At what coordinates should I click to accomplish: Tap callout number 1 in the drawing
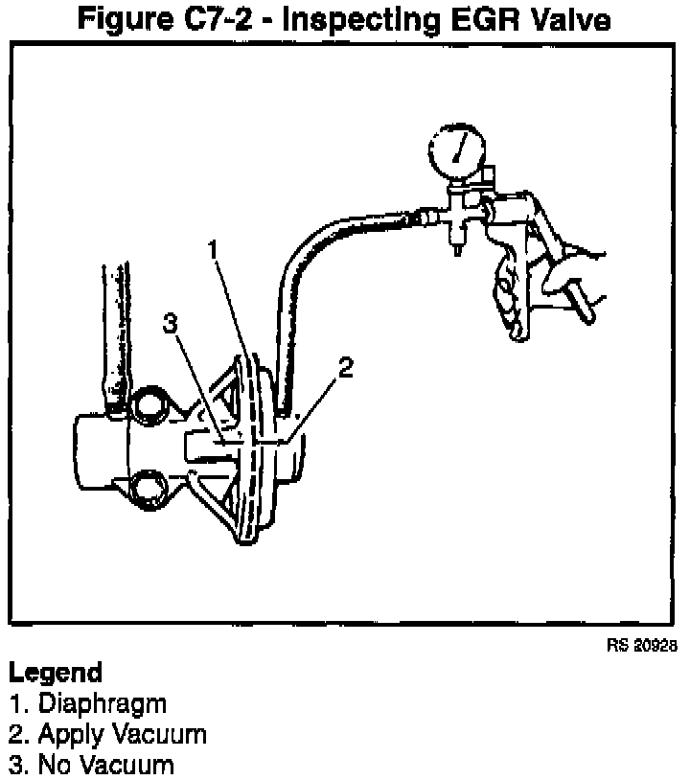(x=216, y=250)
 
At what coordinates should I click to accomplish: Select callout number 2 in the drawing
(x=346, y=366)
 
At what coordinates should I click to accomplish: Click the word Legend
(x=55, y=673)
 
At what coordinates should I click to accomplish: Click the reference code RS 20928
(x=641, y=646)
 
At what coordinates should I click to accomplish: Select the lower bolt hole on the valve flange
(x=149, y=491)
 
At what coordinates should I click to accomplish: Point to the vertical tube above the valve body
(x=116, y=326)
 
